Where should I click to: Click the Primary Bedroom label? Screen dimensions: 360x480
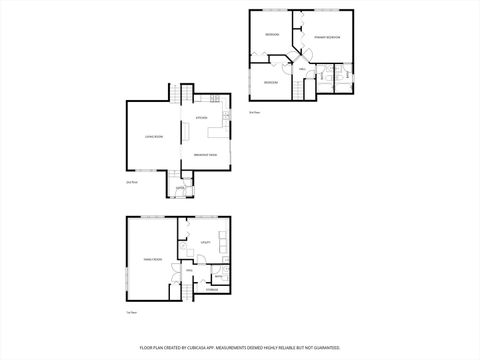click(x=327, y=37)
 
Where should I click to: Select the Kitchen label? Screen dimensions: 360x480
click(x=201, y=118)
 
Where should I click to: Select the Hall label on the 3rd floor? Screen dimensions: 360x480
click(x=302, y=69)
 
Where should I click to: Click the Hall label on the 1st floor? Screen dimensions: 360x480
click(x=188, y=270)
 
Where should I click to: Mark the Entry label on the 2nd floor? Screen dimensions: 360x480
click(x=180, y=188)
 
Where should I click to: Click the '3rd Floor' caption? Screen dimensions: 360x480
click(x=255, y=112)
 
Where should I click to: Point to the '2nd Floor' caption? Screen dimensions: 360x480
click(x=131, y=182)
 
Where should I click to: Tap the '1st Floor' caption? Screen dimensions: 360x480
click(x=131, y=314)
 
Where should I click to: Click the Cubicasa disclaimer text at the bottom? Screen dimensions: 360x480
click(x=240, y=347)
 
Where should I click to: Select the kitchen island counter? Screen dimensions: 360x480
click(x=185, y=133)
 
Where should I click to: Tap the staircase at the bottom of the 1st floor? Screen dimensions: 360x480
click(x=186, y=291)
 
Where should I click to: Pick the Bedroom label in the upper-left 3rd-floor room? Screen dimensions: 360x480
click(x=271, y=35)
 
